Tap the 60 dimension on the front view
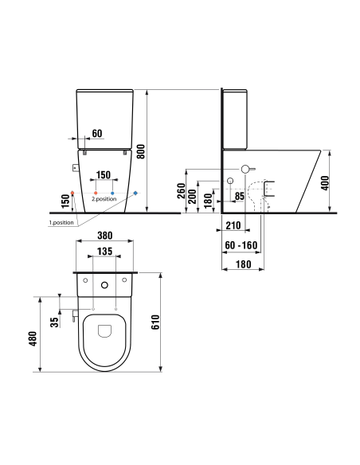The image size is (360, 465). click(98, 133)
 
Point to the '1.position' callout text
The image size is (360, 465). click(61, 223)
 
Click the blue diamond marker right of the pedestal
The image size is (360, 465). click(135, 193)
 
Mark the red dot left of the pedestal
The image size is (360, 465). click(73, 193)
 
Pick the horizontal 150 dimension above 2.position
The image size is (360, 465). click(104, 174)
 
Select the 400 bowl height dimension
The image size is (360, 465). click(347, 182)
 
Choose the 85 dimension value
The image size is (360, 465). click(240, 196)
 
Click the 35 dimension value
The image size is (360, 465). click(53, 322)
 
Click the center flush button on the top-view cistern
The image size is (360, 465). click(105, 284)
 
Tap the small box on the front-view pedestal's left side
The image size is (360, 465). click(75, 168)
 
